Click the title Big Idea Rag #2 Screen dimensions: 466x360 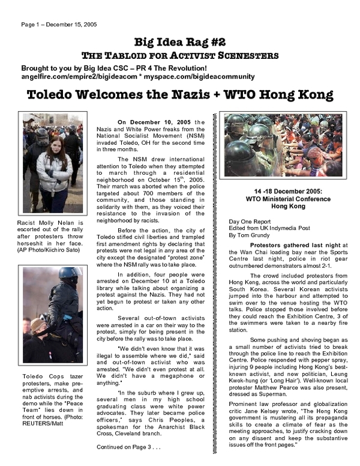click(179, 41)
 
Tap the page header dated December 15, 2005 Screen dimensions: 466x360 click(59, 25)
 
